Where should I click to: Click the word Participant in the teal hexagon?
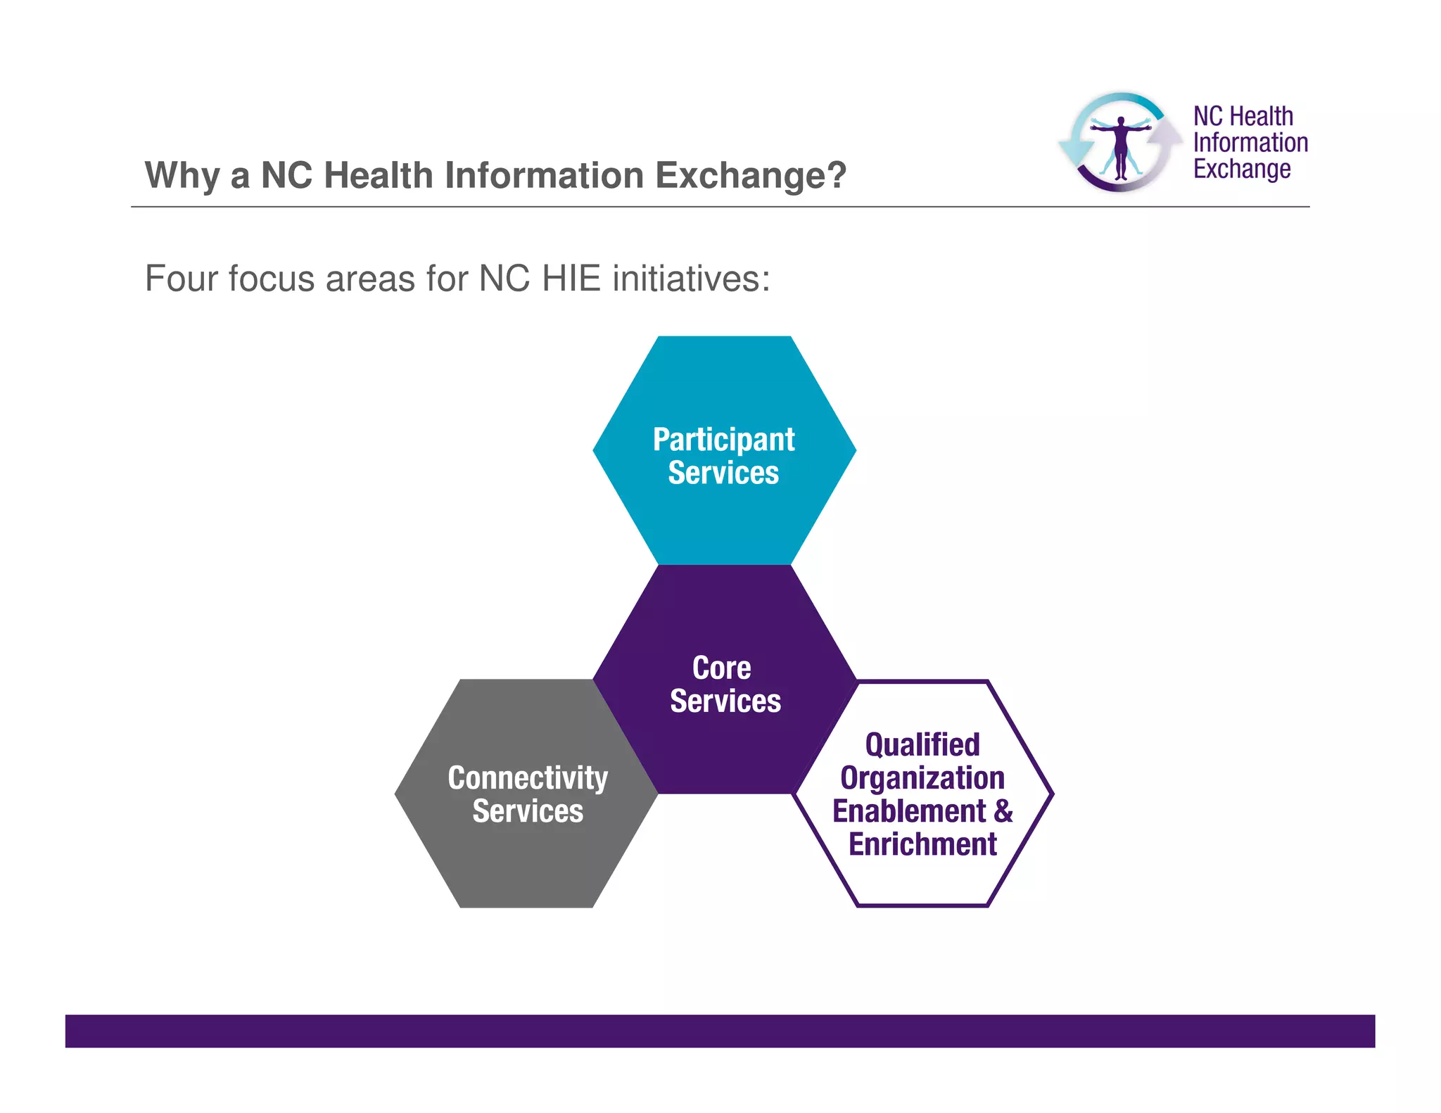pos(723,440)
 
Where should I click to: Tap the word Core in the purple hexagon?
pos(721,668)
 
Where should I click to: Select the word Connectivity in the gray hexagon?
pos(528,778)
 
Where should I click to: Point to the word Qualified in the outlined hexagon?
pos(922,744)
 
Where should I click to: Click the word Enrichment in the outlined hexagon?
pos(922,844)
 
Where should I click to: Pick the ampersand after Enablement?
pos(1003,811)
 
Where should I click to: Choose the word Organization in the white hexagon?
pos(922,778)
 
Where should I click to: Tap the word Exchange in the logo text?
pos(1242,170)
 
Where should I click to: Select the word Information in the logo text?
pos(1250,143)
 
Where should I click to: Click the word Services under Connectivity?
pos(528,811)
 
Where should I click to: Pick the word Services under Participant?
pos(723,473)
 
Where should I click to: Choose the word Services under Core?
pos(725,701)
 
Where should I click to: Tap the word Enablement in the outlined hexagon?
pos(909,811)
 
